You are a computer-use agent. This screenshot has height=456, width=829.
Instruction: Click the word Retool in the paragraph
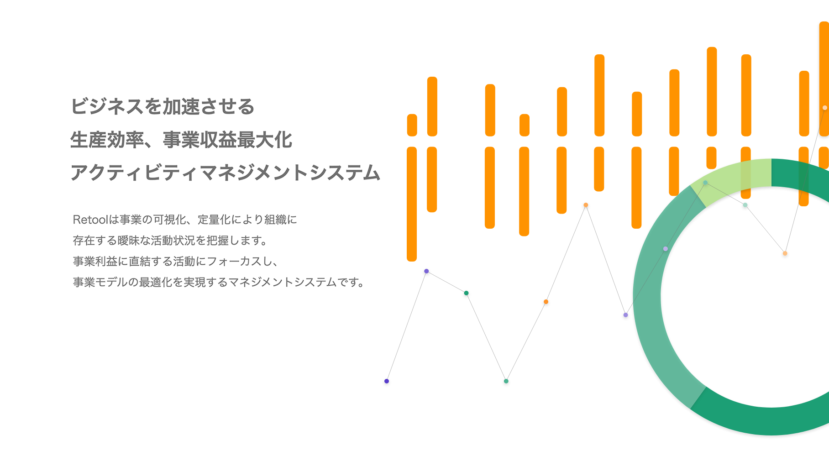click(x=90, y=220)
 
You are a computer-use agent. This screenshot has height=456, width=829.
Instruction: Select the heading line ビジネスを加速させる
click(x=163, y=106)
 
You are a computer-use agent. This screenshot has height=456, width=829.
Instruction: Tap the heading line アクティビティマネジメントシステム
click(x=226, y=173)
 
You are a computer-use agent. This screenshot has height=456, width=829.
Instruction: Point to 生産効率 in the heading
click(x=107, y=140)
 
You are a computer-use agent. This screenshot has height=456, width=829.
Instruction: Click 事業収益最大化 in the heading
click(x=227, y=140)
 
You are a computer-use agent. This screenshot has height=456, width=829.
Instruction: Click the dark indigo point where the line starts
click(x=387, y=381)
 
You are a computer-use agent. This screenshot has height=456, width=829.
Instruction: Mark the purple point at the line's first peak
click(x=426, y=271)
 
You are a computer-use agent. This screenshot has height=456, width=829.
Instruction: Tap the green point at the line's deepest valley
click(x=506, y=381)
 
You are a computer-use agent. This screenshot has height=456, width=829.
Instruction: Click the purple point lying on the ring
click(x=666, y=249)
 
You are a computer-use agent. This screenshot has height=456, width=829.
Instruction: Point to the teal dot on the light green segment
click(x=705, y=183)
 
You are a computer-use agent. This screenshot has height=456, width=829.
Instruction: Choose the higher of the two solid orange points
click(x=586, y=205)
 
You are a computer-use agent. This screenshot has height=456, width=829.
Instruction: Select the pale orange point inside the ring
click(x=785, y=253)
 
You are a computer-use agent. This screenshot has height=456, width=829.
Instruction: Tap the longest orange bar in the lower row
click(x=412, y=204)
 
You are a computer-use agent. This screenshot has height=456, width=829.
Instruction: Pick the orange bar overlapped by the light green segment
click(x=745, y=173)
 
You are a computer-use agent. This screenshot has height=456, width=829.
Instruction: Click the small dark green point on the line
click(x=466, y=293)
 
